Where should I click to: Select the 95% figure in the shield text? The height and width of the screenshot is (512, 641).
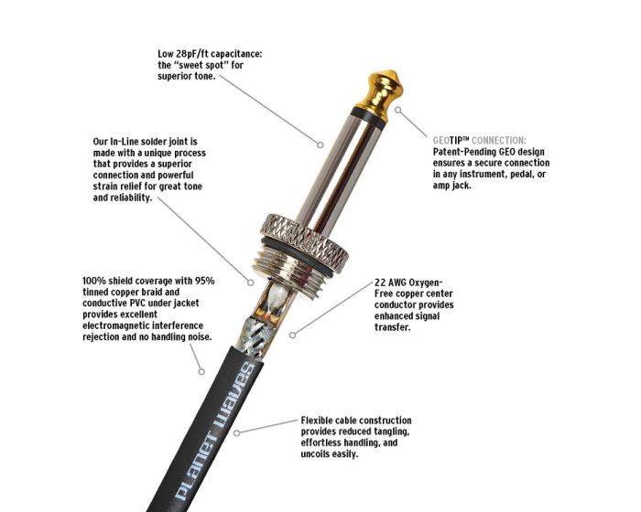tap(205, 281)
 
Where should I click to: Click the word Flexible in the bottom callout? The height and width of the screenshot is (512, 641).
tap(317, 421)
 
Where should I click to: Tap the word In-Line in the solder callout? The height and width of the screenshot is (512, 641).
tap(125, 142)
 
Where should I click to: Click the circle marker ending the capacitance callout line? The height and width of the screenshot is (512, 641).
tap(320, 144)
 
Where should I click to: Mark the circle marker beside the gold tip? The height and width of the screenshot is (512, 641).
tap(398, 110)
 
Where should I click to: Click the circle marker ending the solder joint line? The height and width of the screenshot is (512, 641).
tap(251, 283)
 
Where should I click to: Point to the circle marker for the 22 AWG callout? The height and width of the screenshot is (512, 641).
tap(292, 336)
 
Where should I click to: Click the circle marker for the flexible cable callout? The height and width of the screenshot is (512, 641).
tap(236, 432)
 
